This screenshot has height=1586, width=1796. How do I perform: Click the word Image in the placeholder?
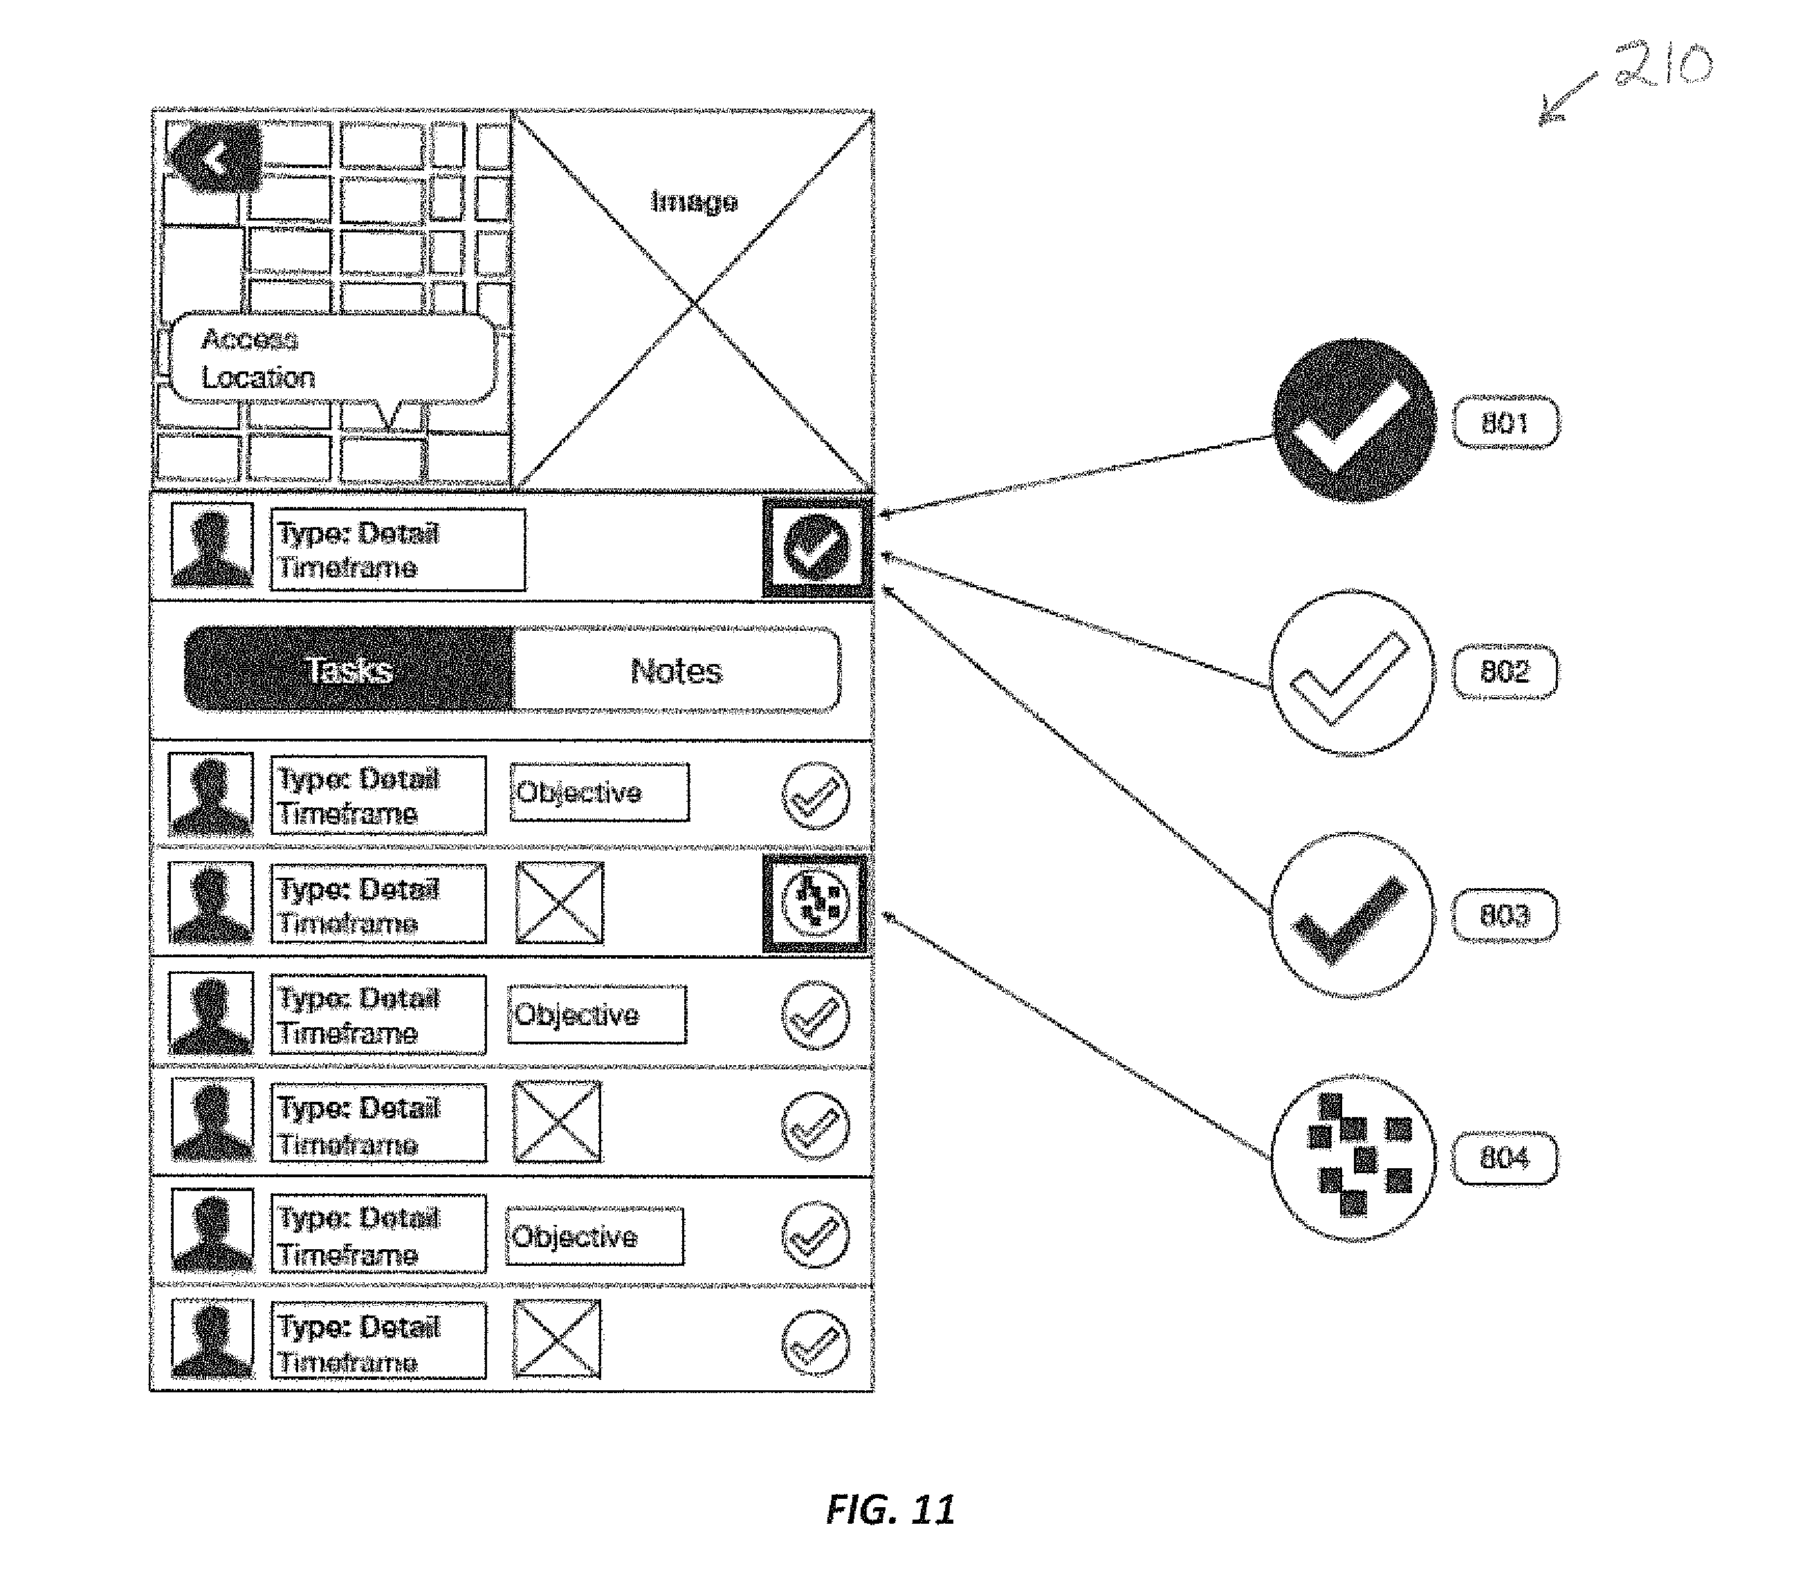point(693,202)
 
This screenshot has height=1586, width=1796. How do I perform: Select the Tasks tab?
point(349,670)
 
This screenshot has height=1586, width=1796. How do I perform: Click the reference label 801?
point(1505,423)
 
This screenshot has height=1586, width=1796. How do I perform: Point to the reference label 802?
point(1504,672)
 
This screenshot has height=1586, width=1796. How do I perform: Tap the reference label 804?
point(1504,1158)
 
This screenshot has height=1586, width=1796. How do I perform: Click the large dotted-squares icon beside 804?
point(1354,1157)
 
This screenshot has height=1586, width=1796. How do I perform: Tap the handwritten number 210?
point(1663,65)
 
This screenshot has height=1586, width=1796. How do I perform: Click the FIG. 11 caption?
point(890,1509)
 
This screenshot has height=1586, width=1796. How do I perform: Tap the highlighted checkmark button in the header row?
point(816,547)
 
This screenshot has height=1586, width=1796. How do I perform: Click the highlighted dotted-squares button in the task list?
point(816,903)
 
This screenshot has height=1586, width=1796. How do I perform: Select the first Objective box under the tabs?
point(599,793)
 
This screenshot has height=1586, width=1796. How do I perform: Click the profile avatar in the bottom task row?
point(212,1339)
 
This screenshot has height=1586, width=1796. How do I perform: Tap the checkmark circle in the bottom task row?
point(816,1342)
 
